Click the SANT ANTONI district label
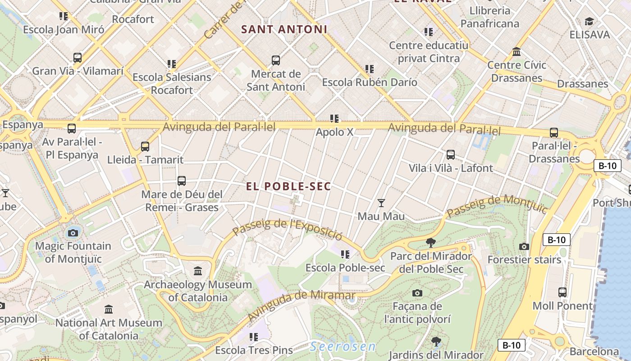pyautogui.click(x=284, y=29)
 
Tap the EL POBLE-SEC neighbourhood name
pyautogui.click(x=288, y=186)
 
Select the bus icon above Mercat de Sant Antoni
pyautogui.click(x=275, y=60)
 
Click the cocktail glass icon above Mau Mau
pyautogui.click(x=381, y=203)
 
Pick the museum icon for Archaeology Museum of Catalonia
pyautogui.click(x=198, y=271)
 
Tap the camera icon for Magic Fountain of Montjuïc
pyautogui.click(x=73, y=233)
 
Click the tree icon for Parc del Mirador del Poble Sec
pyautogui.click(x=431, y=243)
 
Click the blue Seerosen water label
pyautogui.click(x=343, y=347)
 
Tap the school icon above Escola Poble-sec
pyautogui.click(x=345, y=255)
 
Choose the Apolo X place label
pyautogui.click(x=334, y=132)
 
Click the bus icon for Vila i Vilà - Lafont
pyautogui.click(x=450, y=155)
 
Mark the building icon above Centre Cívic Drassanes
pyautogui.click(x=517, y=52)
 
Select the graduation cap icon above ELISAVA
pyautogui.click(x=589, y=21)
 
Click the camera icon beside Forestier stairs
pyautogui.click(x=524, y=246)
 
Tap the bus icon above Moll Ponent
pyautogui.click(x=562, y=292)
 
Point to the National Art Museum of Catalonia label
pyautogui.click(x=109, y=329)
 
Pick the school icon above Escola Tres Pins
pyautogui.click(x=254, y=337)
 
